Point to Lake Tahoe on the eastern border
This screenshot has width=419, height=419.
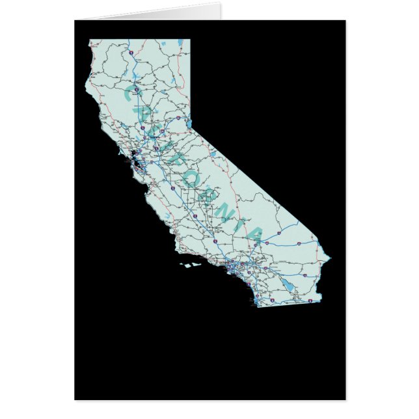tap(188, 124)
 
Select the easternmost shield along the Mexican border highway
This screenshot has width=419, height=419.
tap(312, 300)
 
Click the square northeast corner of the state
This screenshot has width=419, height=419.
tap(190, 40)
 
